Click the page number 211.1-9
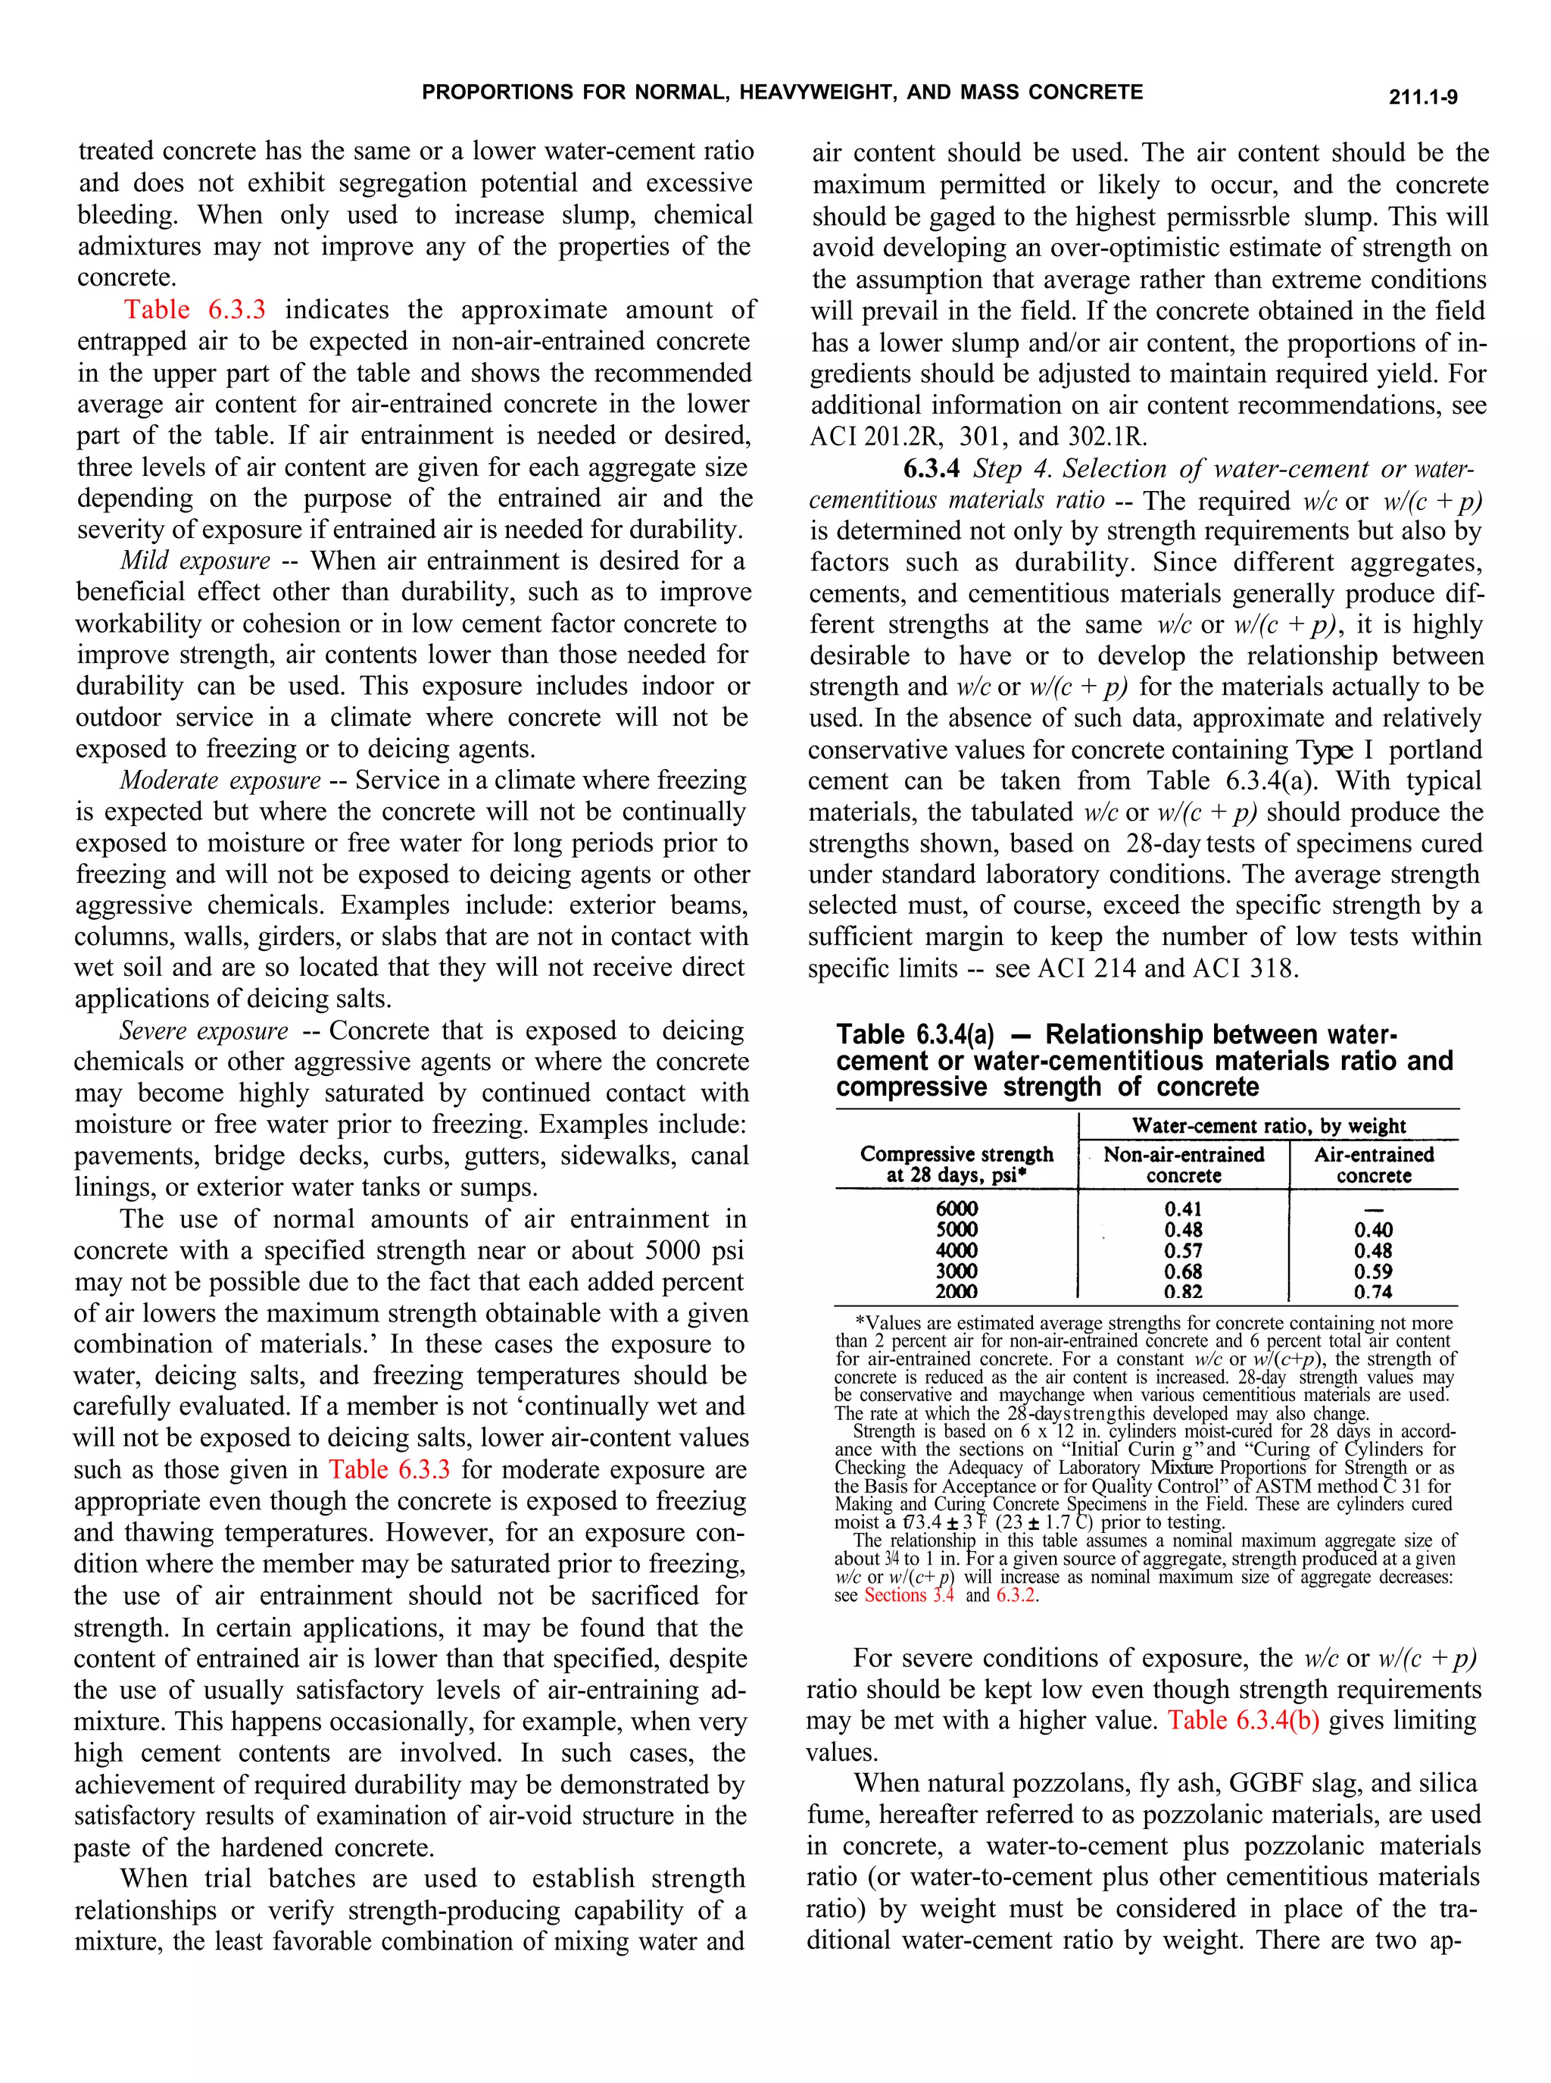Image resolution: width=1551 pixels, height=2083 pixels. (x=1422, y=98)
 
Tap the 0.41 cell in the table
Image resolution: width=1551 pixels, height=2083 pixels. (x=1183, y=1209)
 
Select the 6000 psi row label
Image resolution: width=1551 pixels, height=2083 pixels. (x=956, y=1209)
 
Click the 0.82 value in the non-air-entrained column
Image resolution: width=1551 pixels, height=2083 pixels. (x=1183, y=1292)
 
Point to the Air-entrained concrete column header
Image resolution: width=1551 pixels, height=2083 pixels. (x=1374, y=1165)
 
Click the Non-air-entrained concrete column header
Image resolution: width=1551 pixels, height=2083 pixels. (x=1183, y=1165)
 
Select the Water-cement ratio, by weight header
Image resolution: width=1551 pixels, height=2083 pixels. (x=1269, y=1125)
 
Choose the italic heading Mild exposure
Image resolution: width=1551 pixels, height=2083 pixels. (x=195, y=561)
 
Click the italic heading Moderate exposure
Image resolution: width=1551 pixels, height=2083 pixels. (x=220, y=780)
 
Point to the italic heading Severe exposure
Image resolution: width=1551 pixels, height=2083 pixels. (x=204, y=1031)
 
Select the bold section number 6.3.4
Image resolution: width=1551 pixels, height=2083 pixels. (x=932, y=468)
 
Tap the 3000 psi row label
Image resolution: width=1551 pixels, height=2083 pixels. (x=956, y=1271)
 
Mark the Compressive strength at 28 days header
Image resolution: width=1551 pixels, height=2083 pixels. (x=956, y=1165)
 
